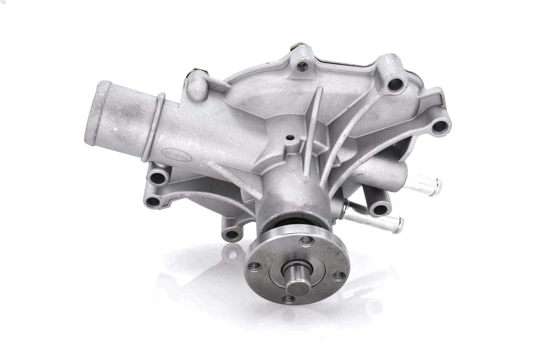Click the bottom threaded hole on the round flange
pyautogui.click(x=287, y=298)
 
